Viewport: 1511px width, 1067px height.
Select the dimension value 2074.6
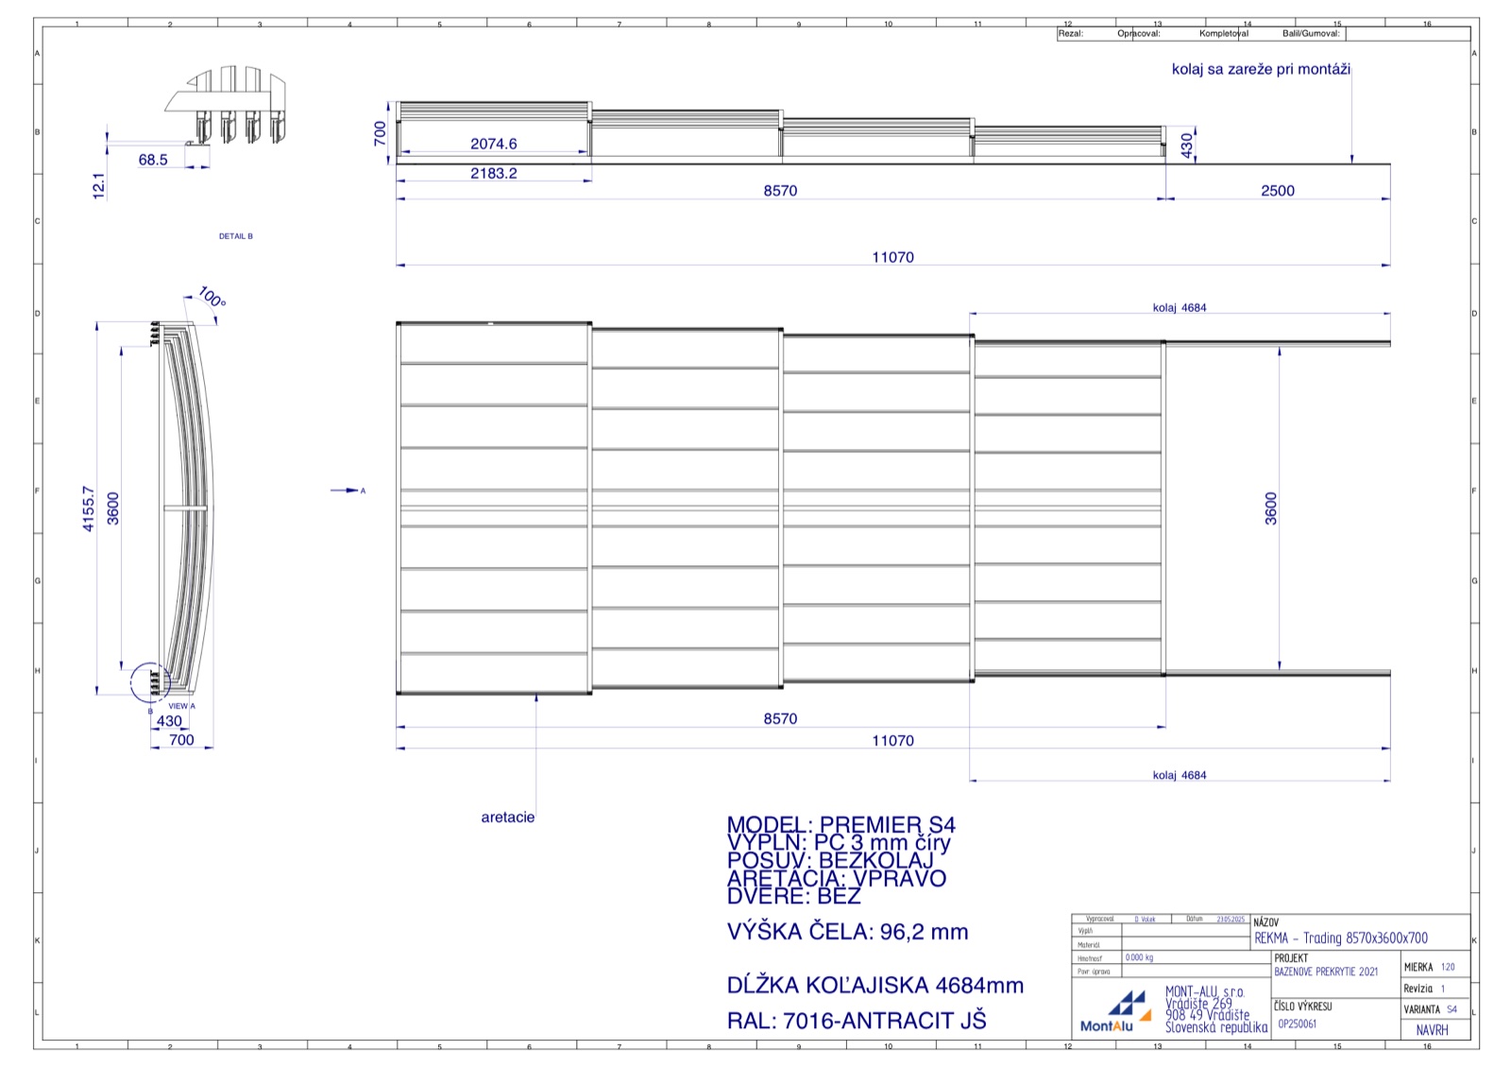coord(493,144)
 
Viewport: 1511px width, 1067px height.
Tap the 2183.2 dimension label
coord(493,173)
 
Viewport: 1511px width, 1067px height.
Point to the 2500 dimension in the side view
coord(1277,191)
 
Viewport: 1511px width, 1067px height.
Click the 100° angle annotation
coord(212,298)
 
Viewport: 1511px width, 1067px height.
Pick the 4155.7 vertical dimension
coord(89,508)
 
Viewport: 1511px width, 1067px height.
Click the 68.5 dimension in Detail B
coord(153,160)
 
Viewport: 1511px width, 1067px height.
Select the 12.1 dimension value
coord(99,185)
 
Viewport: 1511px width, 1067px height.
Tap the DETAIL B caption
coord(236,236)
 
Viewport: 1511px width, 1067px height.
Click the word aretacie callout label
coord(507,817)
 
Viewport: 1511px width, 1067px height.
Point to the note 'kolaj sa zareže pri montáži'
coord(1261,69)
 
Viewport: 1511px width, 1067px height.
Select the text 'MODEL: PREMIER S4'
coord(840,825)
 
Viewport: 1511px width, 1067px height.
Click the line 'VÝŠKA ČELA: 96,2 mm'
coord(847,932)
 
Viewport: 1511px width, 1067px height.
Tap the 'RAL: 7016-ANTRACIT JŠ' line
coord(856,1021)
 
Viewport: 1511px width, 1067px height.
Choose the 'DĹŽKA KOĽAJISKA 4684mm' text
coord(874,986)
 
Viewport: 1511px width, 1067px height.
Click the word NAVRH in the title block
coord(1432,1030)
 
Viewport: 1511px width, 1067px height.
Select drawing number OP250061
coord(1297,1024)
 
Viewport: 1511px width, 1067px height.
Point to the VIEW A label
coord(181,706)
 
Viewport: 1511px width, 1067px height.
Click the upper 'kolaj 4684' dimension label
coord(1179,308)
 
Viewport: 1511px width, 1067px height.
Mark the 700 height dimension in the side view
coord(380,132)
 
